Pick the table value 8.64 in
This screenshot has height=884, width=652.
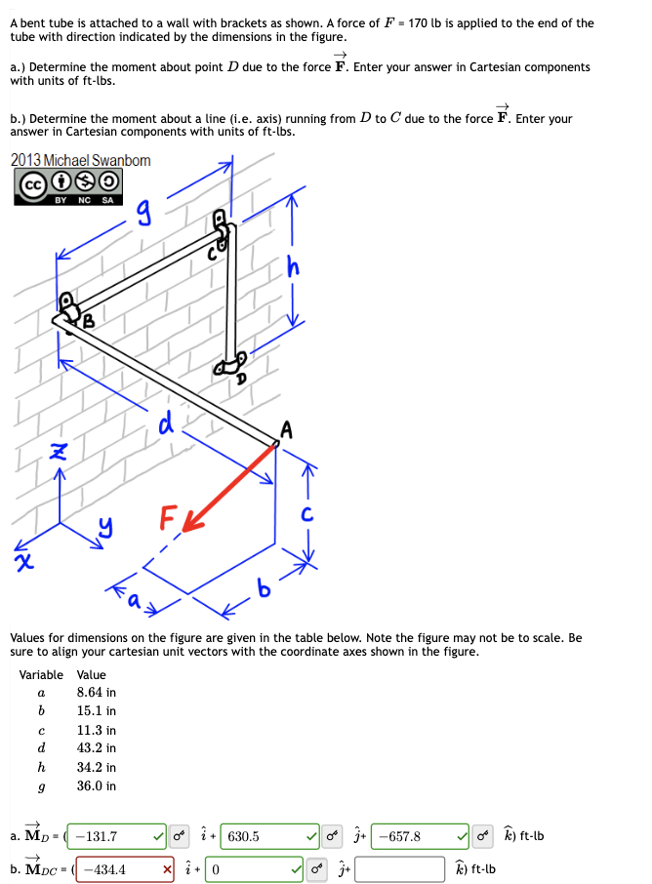97,693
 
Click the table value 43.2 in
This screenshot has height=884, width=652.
97,748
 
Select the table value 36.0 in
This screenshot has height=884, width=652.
97,785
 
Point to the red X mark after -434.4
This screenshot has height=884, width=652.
167,869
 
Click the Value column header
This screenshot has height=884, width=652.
92,674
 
